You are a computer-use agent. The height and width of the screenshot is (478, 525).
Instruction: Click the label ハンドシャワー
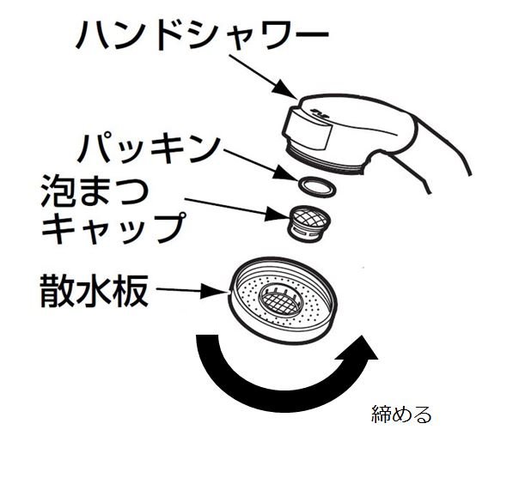[202, 36]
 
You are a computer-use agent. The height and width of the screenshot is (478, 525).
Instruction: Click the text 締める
[402, 415]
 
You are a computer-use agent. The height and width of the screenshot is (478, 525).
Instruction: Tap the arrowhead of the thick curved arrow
[362, 350]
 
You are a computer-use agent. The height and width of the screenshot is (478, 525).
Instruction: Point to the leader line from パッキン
[257, 163]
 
